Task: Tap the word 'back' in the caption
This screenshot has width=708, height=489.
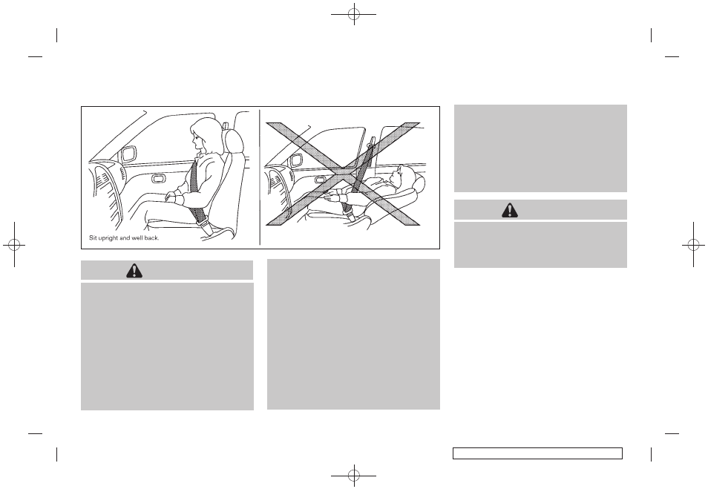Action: click(x=151, y=237)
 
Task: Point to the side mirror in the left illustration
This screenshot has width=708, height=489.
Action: click(x=128, y=153)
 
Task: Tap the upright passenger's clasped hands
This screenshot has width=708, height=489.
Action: click(x=172, y=197)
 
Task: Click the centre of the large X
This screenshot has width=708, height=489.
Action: click(x=343, y=174)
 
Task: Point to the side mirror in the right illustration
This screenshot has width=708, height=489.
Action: click(x=297, y=160)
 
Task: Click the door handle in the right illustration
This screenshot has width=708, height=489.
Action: click(x=321, y=180)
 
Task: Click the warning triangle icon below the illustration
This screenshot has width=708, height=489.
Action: click(x=134, y=270)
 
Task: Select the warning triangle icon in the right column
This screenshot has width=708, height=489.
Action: click(x=510, y=210)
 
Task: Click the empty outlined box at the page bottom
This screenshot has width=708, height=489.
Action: click(x=538, y=453)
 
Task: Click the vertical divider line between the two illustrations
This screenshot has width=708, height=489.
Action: click(x=260, y=177)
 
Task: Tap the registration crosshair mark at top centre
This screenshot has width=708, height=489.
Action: click(x=354, y=14)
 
